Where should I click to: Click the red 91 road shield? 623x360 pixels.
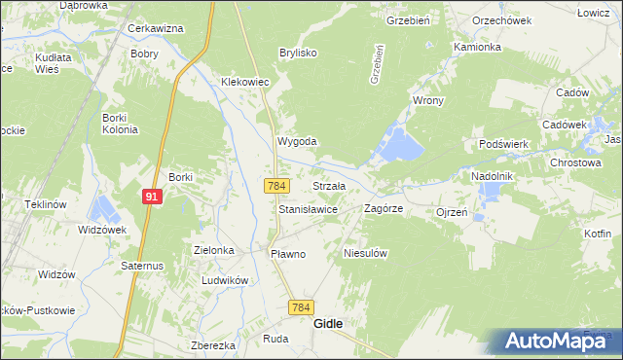point(151,197)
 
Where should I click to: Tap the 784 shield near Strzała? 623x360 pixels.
point(275,185)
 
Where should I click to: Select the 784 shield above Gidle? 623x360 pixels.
point(302,307)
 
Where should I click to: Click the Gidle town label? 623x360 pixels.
point(327,325)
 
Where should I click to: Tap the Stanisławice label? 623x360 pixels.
point(308,209)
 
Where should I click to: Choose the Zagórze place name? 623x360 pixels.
point(384,208)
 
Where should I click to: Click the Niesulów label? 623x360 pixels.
point(366,253)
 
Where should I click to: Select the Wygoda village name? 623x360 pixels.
point(297,141)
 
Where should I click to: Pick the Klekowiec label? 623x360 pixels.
point(244,83)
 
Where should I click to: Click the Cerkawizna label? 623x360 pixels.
point(156,28)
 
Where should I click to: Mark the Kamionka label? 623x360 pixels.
point(477,47)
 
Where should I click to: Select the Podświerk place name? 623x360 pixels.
point(503,144)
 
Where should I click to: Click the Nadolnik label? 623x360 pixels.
point(492,176)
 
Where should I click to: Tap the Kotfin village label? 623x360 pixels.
point(598,234)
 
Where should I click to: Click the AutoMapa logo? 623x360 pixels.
point(556,341)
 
